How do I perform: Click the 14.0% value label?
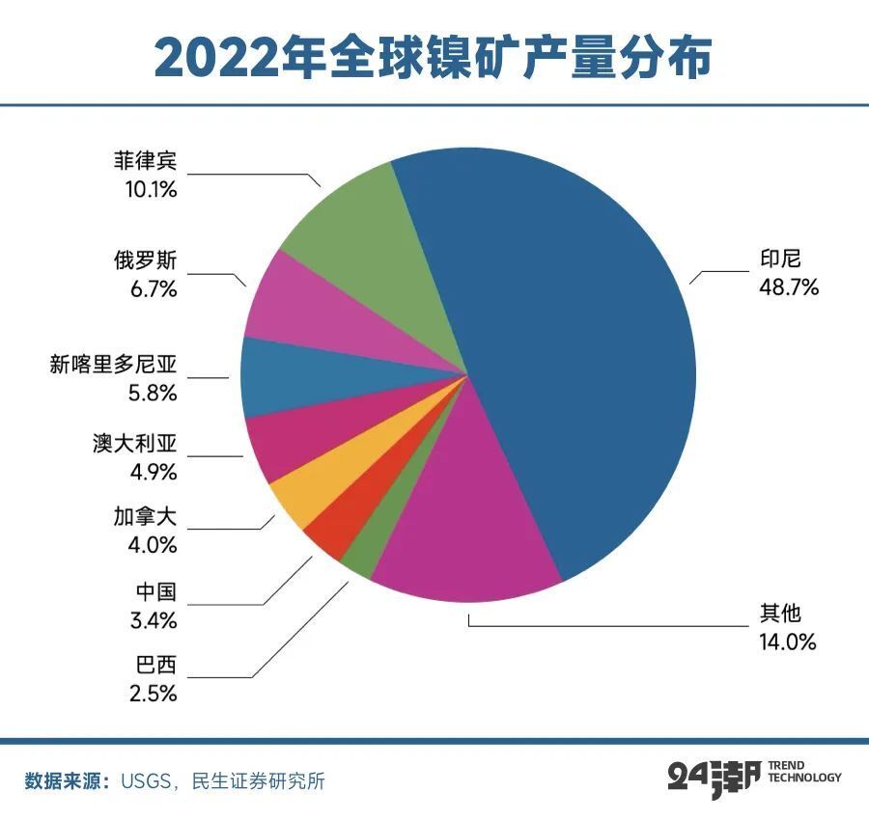point(787,641)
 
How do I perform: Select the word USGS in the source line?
point(148,780)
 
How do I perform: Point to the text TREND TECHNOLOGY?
point(804,771)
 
